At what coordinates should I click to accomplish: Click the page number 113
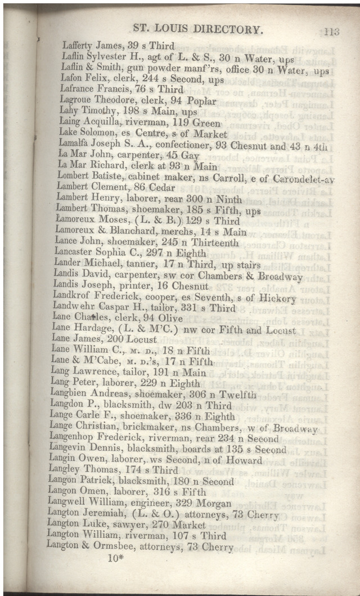(x=331, y=32)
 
